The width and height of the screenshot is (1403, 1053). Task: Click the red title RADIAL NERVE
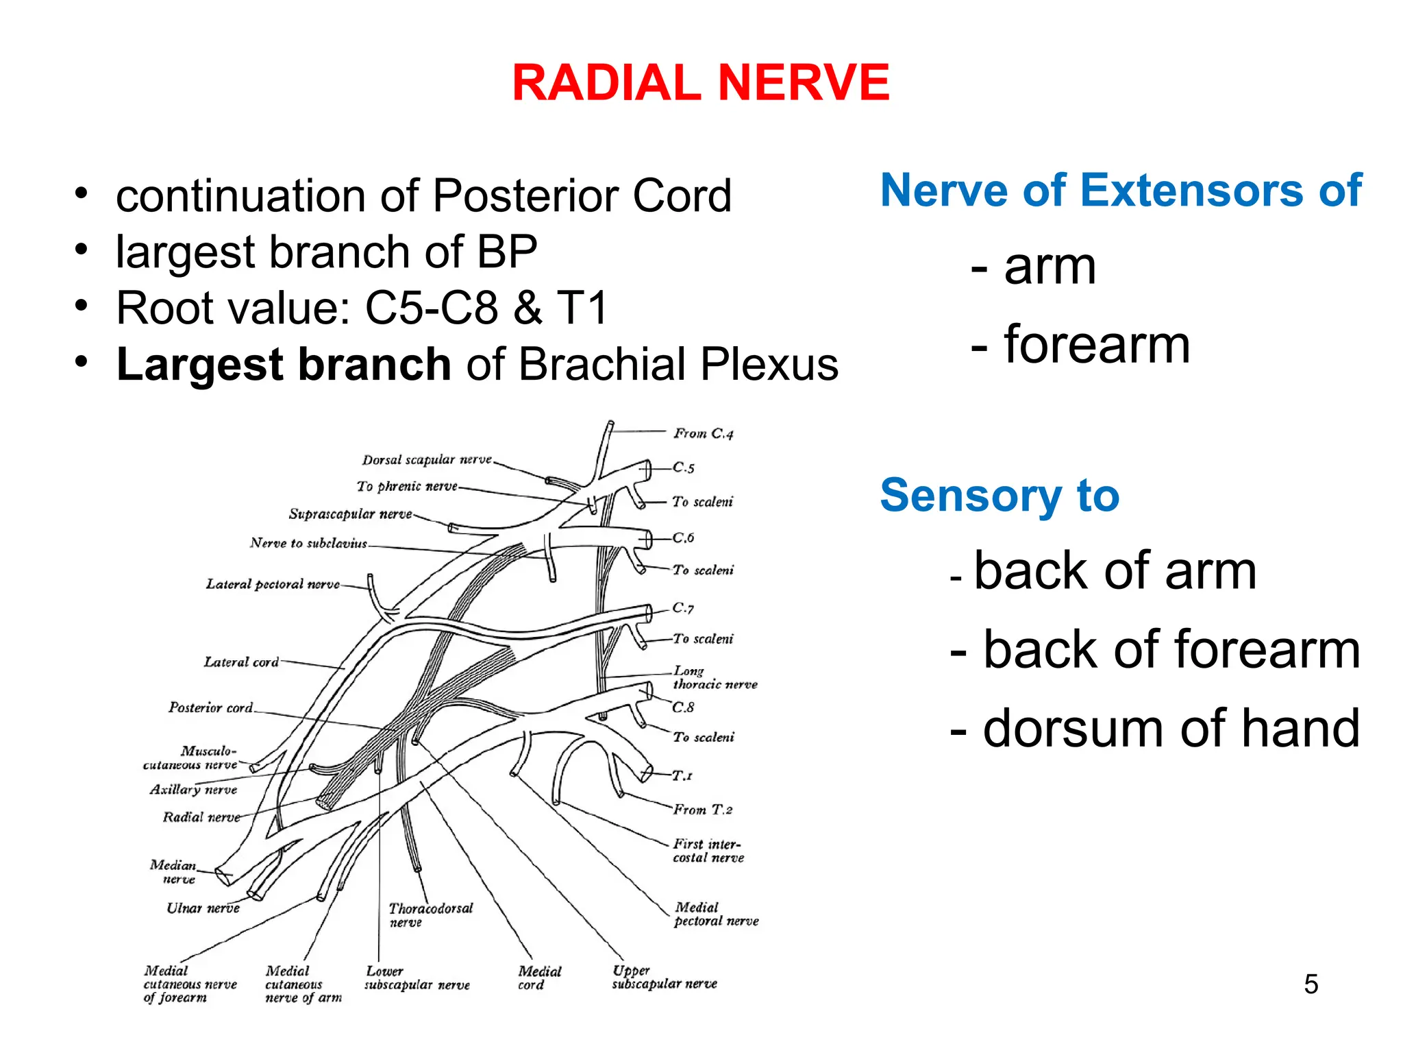[x=700, y=83]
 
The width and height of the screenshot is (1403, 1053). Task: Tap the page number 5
[x=1311, y=984]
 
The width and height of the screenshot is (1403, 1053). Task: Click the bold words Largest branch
[x=284, y=364]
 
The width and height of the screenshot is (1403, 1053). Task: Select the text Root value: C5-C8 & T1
[x=362, y=308]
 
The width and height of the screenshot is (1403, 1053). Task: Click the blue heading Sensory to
[x=999, y=495]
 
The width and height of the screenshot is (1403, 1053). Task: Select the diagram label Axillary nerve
[x=193, y=790]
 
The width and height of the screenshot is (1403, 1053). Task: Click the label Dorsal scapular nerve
[x=427, y=459]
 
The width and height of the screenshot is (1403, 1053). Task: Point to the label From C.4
[x=703, y=433]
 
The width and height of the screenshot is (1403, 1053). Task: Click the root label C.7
[x=683, y=607]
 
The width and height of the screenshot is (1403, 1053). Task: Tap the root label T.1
[x=682, y=775]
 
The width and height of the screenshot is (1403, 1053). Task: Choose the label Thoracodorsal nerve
[x=430, y=915]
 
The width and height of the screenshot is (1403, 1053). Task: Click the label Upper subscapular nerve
[x=664, y=978]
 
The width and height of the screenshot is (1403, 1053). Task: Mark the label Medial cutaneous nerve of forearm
[x=190, y=984]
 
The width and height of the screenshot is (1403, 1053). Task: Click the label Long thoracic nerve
[x=715, y=677]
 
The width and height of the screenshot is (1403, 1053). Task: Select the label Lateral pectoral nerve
[x=273, y=584]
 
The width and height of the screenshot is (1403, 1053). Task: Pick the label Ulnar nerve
[x=203, y=908]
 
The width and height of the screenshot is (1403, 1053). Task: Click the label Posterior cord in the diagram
[x=210, y=707]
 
